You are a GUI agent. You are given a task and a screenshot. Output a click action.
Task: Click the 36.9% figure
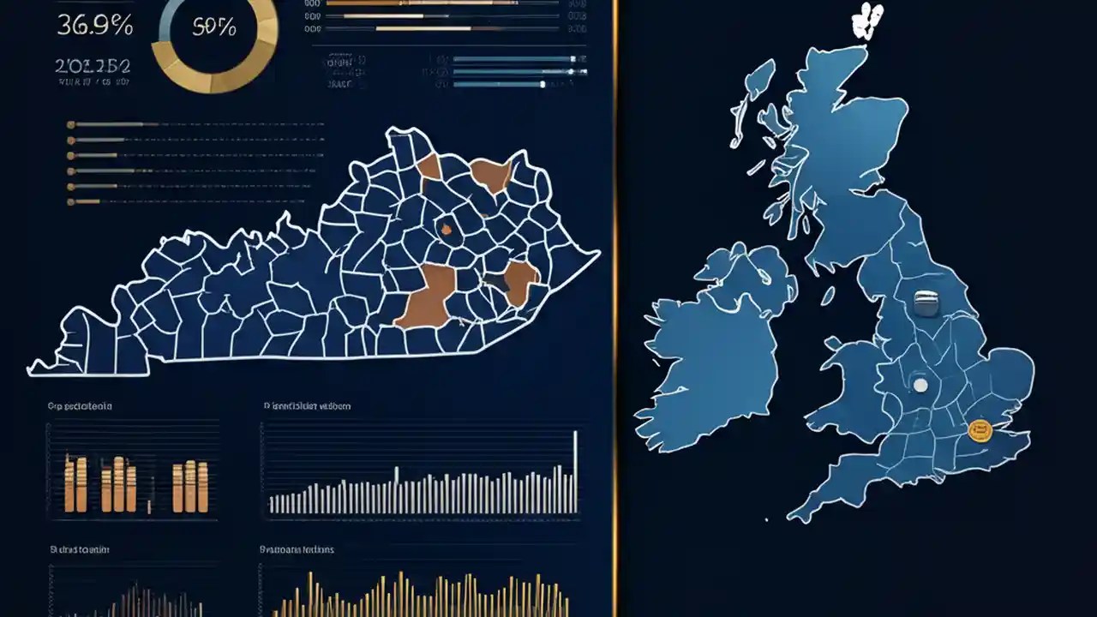coord(94,26)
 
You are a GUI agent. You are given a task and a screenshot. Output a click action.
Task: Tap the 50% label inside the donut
coord(214,27)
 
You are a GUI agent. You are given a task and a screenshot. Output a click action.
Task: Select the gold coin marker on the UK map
coord(979,430)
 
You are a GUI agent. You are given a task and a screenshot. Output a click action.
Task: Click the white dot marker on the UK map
coord(920,385)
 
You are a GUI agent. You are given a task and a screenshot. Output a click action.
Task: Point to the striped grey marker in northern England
coord(926,302)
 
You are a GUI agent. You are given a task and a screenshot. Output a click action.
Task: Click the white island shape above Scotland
coord(868,21)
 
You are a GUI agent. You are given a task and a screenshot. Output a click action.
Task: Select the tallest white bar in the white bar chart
coord(575,471)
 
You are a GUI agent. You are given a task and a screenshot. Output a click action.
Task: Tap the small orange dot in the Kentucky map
coord(446,229)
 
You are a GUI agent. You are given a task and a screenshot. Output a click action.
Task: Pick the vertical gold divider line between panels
coord(615,308)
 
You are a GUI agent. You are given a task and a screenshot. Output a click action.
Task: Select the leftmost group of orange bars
coord(75,484)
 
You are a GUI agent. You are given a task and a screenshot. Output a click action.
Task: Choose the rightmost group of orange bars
coord(190,486)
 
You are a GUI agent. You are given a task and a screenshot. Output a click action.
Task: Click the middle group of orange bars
coord(118,484)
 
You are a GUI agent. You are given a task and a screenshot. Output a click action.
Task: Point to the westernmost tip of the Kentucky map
coord(32,370)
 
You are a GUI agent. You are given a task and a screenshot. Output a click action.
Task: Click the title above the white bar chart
coord(307,406)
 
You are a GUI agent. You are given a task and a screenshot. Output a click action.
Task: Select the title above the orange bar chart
coord(79,406)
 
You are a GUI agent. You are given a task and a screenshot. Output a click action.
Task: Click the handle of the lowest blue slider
coord(543,84)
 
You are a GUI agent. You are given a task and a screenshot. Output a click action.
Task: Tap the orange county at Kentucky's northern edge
coord(492,174)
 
